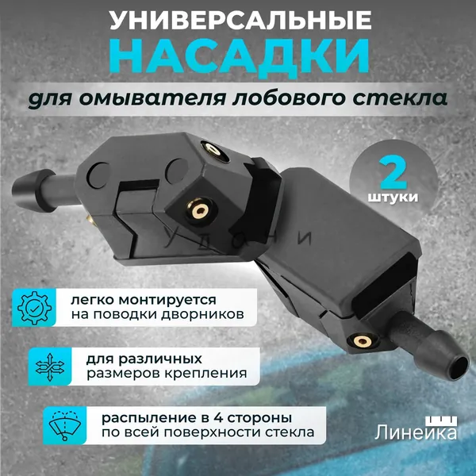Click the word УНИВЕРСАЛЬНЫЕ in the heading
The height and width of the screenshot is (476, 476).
click(x=240, y=21)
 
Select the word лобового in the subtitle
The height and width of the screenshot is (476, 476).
click(x=290, y=99)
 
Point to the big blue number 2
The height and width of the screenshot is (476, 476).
click(x=393, y=172)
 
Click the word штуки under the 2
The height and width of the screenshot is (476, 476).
click(x=393, y=198)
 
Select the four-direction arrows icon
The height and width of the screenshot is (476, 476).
click(x=49, y=367)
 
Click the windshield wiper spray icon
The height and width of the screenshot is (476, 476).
click(x=65, y=425)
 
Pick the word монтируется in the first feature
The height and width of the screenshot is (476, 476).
click(x=167, y=301)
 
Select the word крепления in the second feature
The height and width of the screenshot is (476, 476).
click(x=205, y=374)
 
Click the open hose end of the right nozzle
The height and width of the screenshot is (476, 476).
click(x=458, y=367)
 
